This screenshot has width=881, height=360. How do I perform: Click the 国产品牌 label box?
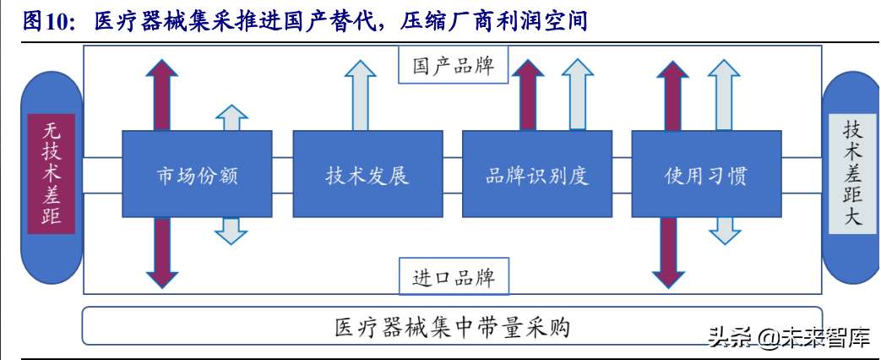click(x=452, y=66)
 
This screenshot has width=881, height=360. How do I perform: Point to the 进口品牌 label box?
click(x=452, y=277)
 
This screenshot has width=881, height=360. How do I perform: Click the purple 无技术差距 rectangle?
click(x=52, y=174)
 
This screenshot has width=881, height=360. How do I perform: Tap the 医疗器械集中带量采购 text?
click(x=452, y=326)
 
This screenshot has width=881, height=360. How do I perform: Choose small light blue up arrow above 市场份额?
click(x=231, y=118)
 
